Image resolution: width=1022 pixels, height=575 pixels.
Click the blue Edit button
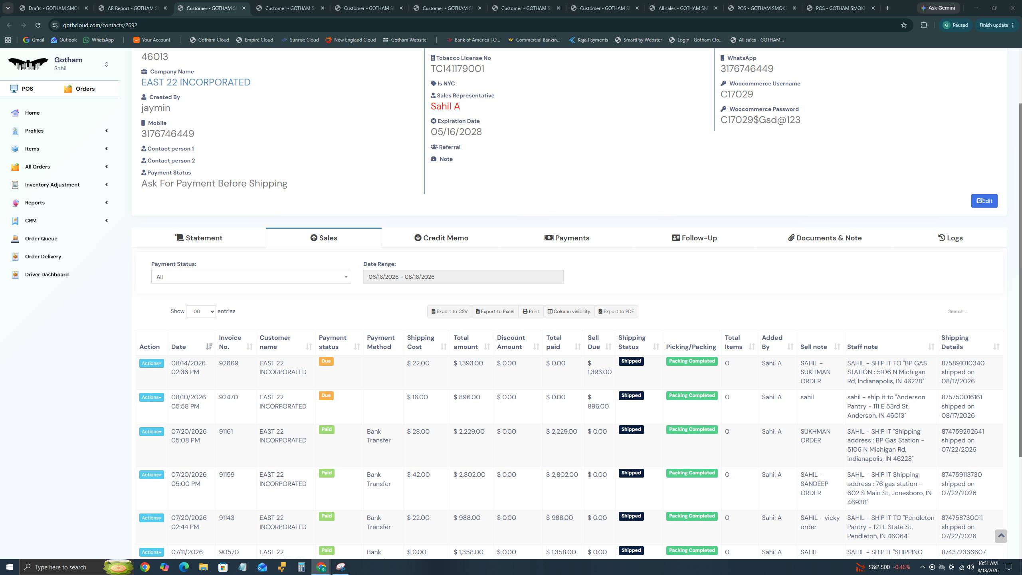(x=984, y=201)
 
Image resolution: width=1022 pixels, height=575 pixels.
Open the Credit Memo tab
(x=441, y=238)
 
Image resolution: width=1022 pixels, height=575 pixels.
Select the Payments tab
(x=567, y=238)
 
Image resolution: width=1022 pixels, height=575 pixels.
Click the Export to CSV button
(x=450, y=311)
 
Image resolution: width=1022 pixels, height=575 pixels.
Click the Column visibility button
(x=569, y=311)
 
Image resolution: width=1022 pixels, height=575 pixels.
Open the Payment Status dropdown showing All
(x=251, y=277)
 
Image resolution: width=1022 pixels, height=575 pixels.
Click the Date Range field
(x=463, y=277)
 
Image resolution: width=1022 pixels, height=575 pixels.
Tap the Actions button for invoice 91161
(x=151, y=432)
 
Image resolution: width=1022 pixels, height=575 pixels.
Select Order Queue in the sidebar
(x=41, y=239)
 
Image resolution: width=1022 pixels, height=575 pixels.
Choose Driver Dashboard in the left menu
(x=47, y=275)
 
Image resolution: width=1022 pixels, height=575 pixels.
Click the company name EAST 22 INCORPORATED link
(x=196, y=82)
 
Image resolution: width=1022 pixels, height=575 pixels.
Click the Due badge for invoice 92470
(x=326, y=396)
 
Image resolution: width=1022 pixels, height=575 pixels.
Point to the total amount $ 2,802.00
(x=469, y=475)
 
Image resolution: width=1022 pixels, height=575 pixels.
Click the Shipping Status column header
(x=632, y=342)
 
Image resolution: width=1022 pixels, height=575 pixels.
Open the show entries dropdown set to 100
(x=201, y=311)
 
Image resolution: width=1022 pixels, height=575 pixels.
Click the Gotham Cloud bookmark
(x=210, y=40)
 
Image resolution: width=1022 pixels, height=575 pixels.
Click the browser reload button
(x=38, y=25)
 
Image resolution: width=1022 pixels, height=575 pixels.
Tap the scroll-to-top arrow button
(x=1001, y=536)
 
